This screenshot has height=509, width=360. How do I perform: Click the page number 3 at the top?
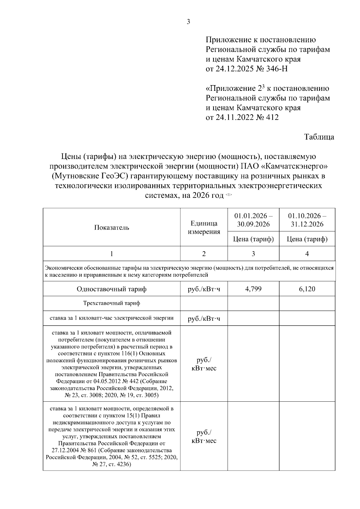pyautogui.click(x=188, y=22)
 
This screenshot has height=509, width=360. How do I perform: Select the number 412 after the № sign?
pyautogui.click(x=272, y=118)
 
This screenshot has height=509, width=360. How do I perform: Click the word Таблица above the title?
pyautogui.click(x=319, y=137)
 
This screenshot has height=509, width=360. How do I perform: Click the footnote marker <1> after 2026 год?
pyautogui.click(x=229, y=195)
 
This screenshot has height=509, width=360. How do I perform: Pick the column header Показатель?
pyautogui.click(x=112, y=228)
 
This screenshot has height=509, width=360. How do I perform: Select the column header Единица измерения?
pyautogui.click(x=204, y=228)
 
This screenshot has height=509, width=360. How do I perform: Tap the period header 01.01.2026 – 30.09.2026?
pyautogui.click(x=253, y=220)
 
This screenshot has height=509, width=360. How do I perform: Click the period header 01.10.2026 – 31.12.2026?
pyautogui.click(x=307, y=220)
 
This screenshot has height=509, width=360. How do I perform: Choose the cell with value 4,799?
pyautogui.click(x=253, y=289)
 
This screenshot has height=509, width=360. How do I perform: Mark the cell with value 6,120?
pyautogui.click(x=307, y=289)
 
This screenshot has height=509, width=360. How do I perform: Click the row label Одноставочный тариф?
pyautogui.click(x=112, y=289)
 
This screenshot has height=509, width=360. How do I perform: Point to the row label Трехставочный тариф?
pyautogui.click(x=112, y=303)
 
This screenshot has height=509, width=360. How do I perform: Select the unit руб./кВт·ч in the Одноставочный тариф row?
pyautogui.click(x=204, y=289)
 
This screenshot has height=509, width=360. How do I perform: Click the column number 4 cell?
pyautogui.click(x=307, y=254)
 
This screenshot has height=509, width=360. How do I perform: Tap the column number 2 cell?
pyautogui.click(x=204, y=254)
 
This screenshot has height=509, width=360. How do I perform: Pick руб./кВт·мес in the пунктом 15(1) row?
pyautogui.click(x=204, y=436)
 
